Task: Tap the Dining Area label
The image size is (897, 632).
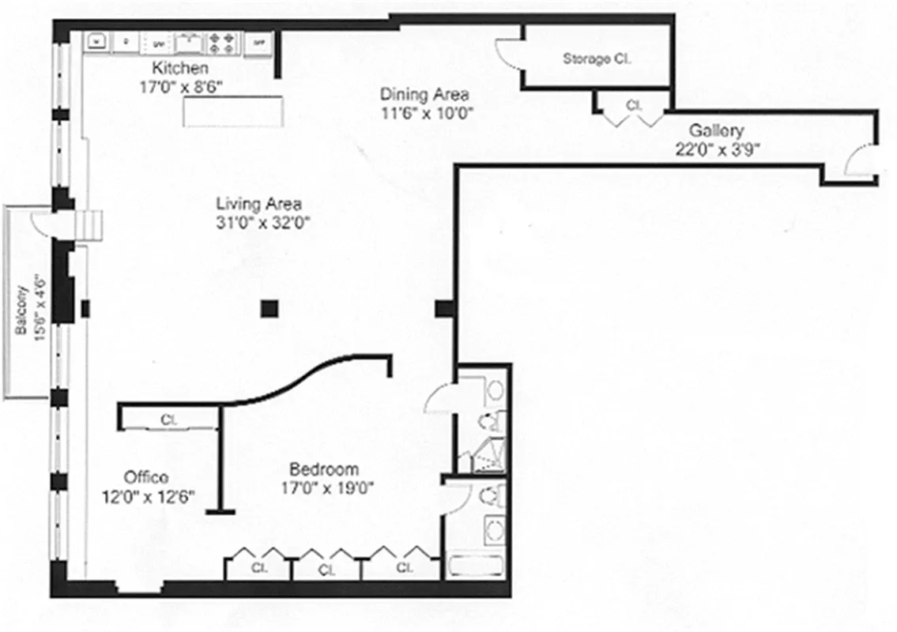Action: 424,94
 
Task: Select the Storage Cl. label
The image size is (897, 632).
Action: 597,58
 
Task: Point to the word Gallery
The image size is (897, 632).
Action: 716,130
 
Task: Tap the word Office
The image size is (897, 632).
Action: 146,477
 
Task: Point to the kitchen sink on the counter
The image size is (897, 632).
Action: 188,40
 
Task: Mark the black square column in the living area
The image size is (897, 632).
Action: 271,308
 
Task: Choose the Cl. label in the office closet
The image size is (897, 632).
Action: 169,420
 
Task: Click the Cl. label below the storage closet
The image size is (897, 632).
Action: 633,104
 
